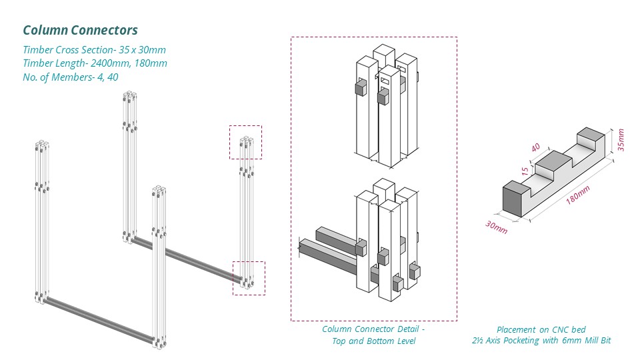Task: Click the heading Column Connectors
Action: (x=80, y=30)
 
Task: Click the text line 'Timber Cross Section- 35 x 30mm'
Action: (x=94, y=50)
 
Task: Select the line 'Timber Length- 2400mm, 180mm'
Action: (x=95, y=63)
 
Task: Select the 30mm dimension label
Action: (x=497, y=227)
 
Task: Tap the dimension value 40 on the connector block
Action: (x=536, y=149)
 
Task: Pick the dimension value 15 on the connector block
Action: (x=526, y=171)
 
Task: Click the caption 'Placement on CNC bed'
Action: (x=541, y=329)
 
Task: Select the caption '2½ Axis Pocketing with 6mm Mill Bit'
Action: (x=541, y=341)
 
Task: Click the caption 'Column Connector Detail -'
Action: (x=373, y=329)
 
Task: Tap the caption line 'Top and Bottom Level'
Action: (x=373, y=341)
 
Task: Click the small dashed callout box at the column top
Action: (x=245, y=142)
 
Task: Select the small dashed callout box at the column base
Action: (x=248, y=278)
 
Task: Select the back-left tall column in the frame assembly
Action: (x=130, y=167)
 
